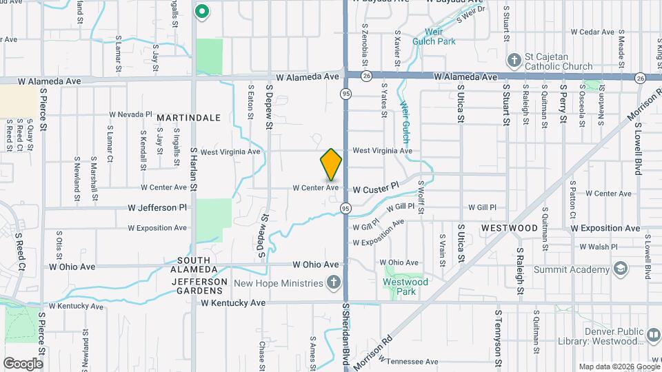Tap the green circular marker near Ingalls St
click(202, 11)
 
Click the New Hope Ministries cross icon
click(333, 283)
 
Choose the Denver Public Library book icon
click(652, 335)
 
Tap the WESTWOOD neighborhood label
click(510, 228)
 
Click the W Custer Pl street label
click(376, 187)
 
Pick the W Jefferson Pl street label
click(157, 207)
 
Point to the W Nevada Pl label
click(130, 114)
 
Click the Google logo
click(23, 363)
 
